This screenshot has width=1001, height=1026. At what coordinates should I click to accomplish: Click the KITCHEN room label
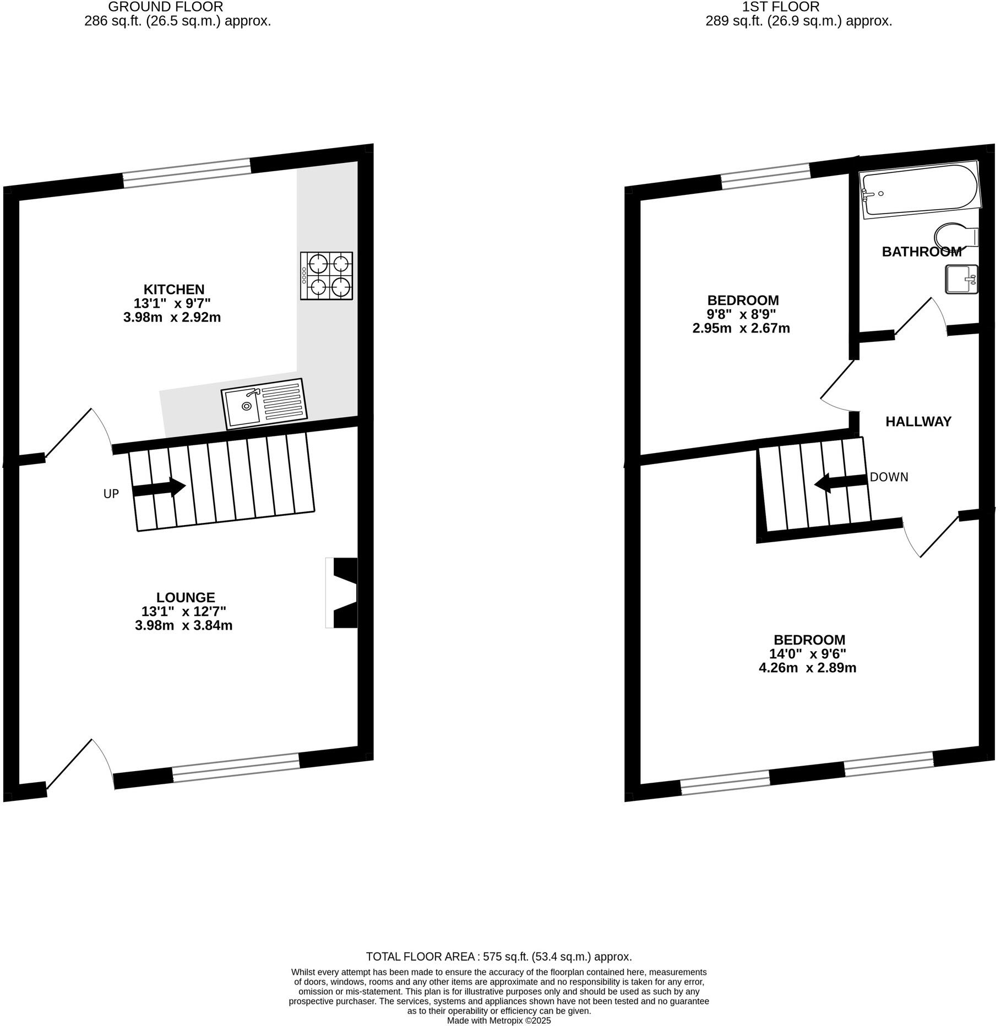click(173, 290)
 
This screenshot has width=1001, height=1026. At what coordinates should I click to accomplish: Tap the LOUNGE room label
click(185, 597)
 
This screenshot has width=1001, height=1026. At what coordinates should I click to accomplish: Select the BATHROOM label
click(921, 252)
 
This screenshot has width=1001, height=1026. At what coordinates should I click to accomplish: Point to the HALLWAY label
click(918, 422)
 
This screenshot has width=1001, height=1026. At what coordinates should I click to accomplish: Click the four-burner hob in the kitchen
click(326, 276)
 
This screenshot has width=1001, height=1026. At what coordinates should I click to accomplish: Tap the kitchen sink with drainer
click(264, 404)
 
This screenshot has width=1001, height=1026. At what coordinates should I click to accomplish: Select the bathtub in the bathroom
click(918, 189)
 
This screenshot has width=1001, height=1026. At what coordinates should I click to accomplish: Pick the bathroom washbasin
click(961, 279)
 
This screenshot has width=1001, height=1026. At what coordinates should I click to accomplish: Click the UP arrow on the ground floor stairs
click(159, 488)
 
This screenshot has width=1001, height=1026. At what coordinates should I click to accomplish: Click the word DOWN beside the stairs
click(889, 477)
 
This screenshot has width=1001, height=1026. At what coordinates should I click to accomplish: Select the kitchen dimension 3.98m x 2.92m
click(172, 318)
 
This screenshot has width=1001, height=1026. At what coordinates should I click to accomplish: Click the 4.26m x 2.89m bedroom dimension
click(807, 668)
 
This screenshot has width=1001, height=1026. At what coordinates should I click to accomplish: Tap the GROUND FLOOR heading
click(165, 7)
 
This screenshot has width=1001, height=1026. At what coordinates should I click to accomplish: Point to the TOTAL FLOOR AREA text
click(499, 957)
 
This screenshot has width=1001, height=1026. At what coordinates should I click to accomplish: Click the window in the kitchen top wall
click(186, 173)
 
